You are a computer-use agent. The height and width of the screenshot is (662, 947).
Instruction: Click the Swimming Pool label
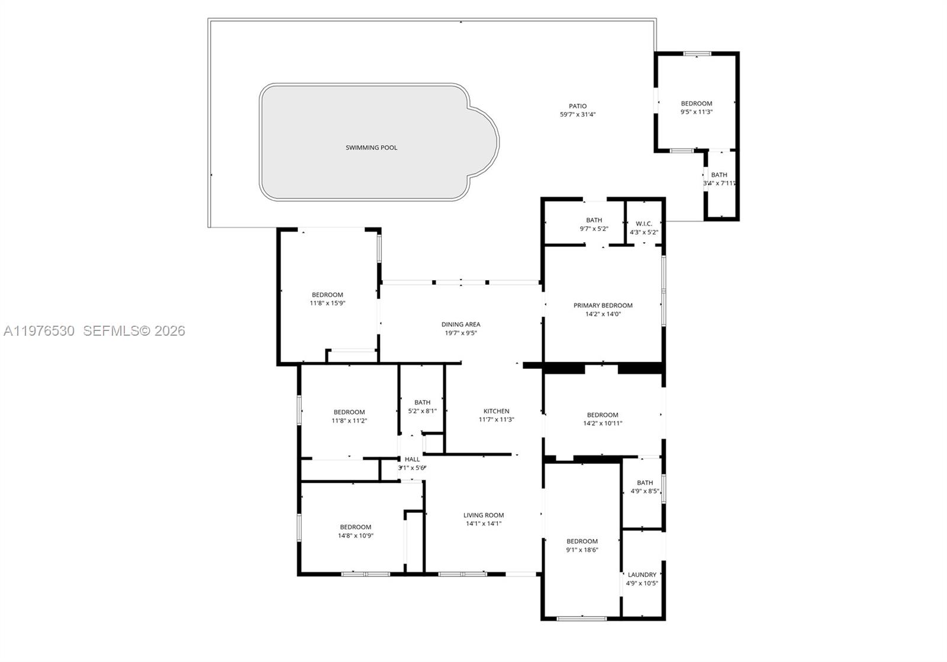pos(371,147)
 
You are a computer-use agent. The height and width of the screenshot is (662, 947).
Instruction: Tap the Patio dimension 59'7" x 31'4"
pos(578,115)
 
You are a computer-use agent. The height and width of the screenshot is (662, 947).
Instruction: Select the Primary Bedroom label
pos(603,306)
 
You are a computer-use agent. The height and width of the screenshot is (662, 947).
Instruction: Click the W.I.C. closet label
pos(643,223)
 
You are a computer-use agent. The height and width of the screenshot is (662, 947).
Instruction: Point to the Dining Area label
pos(460,324)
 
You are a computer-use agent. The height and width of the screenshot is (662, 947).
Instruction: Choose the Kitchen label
pos(496,411)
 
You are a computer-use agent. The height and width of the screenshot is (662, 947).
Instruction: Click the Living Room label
pos(484,515)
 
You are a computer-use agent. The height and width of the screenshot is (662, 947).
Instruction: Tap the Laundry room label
pos(642,574)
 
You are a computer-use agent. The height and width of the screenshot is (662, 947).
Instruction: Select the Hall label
pos(412,459)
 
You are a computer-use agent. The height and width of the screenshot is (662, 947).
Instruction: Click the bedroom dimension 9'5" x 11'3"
pos(696,112)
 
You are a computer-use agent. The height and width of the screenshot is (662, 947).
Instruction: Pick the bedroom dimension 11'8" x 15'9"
pos(327,303)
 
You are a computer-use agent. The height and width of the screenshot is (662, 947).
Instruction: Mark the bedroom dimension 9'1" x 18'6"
pos(582,549)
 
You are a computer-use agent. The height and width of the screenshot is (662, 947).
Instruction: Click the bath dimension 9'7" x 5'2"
pos(594,229)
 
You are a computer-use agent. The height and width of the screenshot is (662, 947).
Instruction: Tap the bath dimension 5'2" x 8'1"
pos(422,411)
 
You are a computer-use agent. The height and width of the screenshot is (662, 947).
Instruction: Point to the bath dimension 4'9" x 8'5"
pos(645,491)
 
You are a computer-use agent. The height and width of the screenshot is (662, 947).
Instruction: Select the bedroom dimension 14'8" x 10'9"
pos(355,536)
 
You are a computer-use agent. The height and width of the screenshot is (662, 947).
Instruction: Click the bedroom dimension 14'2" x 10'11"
pos(603,423)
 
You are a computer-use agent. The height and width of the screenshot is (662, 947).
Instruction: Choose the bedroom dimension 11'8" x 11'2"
pos(349,421)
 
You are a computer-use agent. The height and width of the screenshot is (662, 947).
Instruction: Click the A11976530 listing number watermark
pos(39,331)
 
